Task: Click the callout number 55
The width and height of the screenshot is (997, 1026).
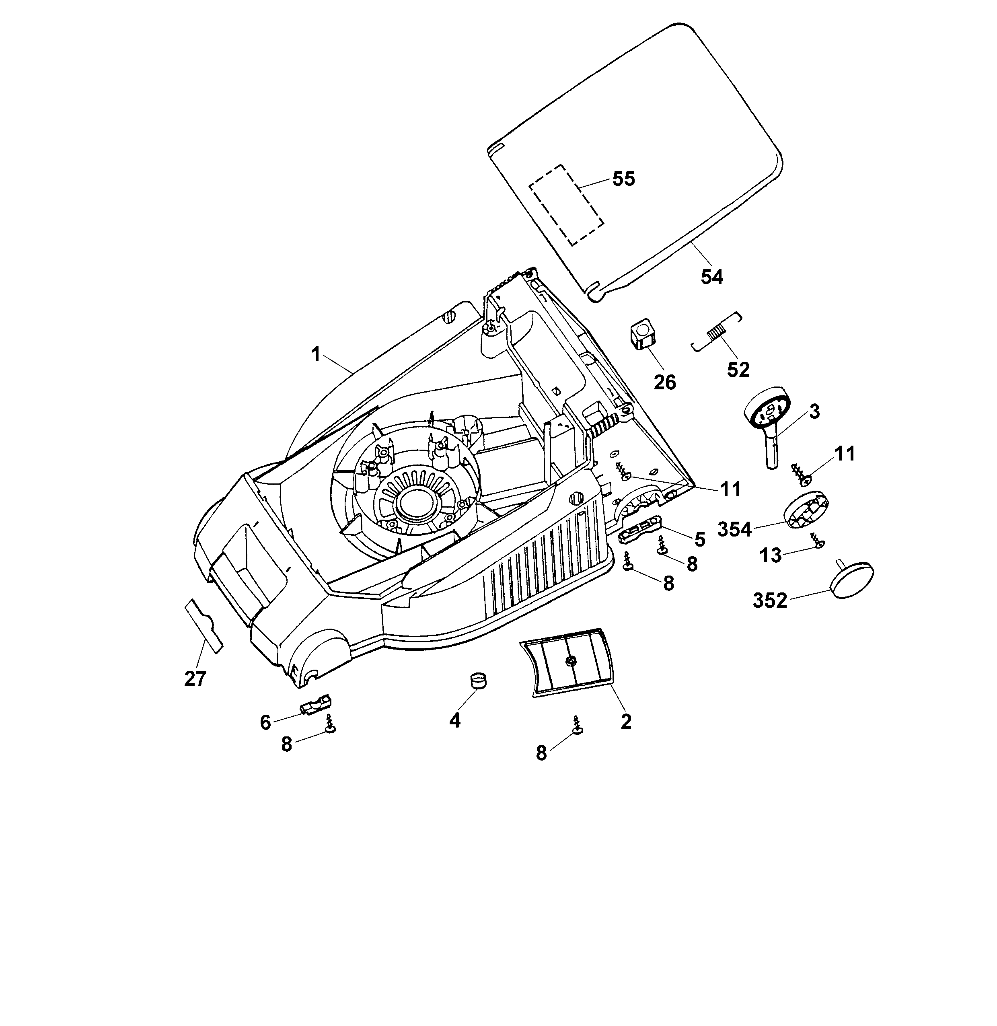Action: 623,179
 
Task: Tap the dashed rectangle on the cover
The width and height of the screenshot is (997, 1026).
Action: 566,204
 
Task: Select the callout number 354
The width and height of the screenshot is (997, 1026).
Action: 734,530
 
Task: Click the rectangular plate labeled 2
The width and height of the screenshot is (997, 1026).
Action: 567,662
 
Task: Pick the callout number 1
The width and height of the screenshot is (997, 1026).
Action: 315,355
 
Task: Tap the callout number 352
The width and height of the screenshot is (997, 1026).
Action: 770,601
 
